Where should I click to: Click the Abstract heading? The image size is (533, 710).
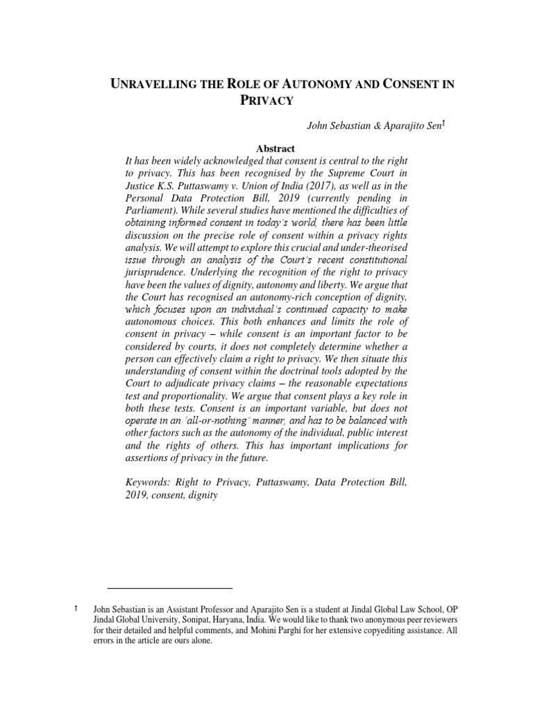click(x=276, y=148)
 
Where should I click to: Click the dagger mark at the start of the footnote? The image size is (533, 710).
click(x=76, y=608)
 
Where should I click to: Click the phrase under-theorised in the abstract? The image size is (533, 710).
click(x=370, y=248)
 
